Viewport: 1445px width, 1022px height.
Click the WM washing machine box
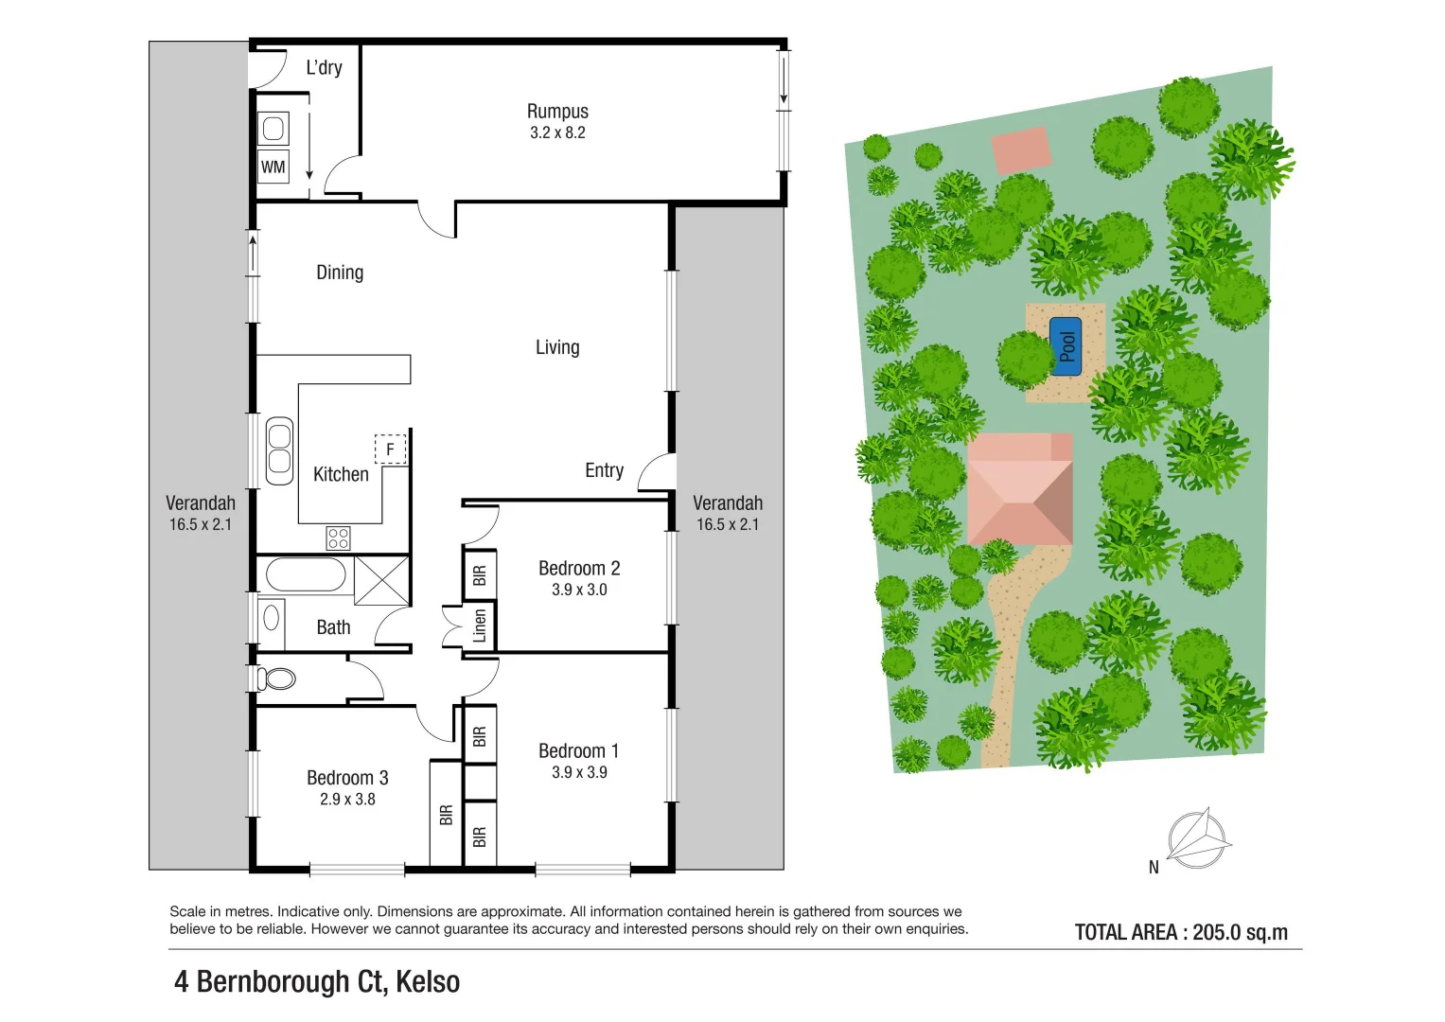pyautogui.click(x=273, y=167)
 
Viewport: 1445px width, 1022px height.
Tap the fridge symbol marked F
pyautogui.click(x=390, y=449)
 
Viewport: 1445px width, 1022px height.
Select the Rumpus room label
pyautogui.click(x=557, y=112)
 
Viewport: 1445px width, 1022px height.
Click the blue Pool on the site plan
pyautogui.click(x=1066, y=346)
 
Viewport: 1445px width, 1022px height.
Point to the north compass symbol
pyautogui.click(x=1197, y=838)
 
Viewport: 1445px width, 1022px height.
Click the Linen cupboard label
pyautogui.click(x=480, y=626)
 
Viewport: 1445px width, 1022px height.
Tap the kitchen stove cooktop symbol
pyautogui.click(x=338, y=538)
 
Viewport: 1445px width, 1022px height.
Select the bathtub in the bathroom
pyautogui.click(x=306, y=574)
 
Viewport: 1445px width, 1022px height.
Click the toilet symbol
pyautogui.click(x=277, y=678)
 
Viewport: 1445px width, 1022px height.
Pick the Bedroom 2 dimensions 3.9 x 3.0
pyautogui.click(x=579, y=590)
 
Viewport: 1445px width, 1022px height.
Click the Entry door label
pyautogui.click(x=604, y=470)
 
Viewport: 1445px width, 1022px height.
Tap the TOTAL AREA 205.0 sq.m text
pyautogui.click(x=1181, y=932)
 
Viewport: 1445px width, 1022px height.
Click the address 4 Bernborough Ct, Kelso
pyautogui.click(x=317, y=981)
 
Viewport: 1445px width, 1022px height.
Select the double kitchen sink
pyautogui.click(x=279, y=449)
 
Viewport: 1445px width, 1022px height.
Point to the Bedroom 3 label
pyautogui.click(x=347, y=778)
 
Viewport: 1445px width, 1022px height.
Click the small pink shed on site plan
pyautogui.click(x=1021, y=150)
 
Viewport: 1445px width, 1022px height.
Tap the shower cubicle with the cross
pyautogui.click(x=382, y=580)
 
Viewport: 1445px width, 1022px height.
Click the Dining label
pyautogui.click(x=340, y=273)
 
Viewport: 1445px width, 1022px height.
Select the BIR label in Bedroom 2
pyautogui.click(x=480, y=574)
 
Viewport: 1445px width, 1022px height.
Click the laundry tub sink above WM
pyautogui.click(x=273, y=128)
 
